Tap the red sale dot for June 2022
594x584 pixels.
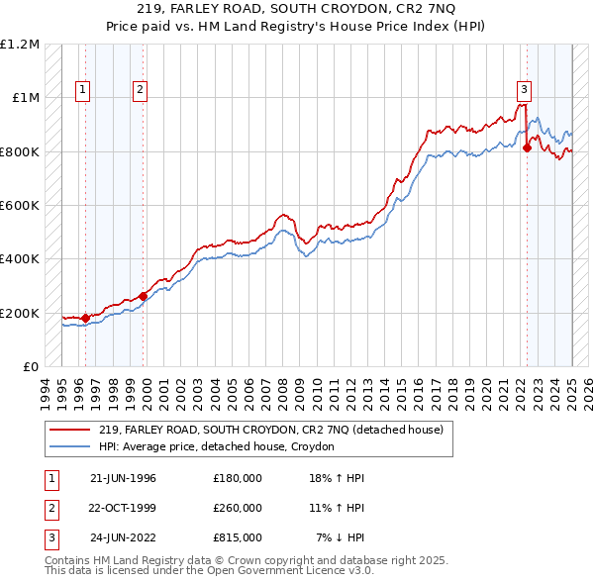(x=527, y=148)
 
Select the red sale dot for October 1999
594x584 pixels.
(x=144, y=295)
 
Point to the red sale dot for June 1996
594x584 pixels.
(x=86, y=318)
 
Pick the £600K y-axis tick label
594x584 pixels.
(x=21, y=205)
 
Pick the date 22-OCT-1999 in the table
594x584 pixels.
(x=123, y=508)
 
